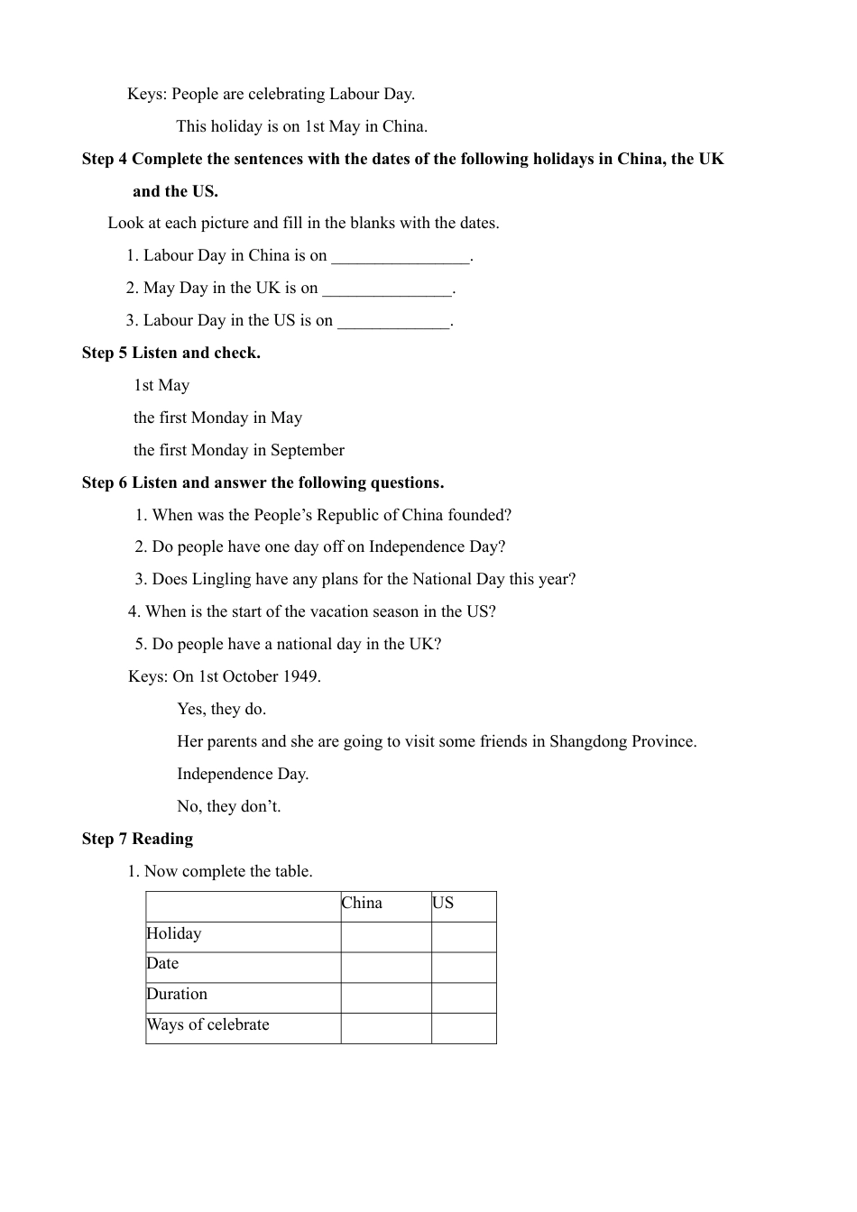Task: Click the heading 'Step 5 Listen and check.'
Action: (x=170, y=353)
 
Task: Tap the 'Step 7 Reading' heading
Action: (x=137, y=839)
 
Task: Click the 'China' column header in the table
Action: (x=362, y=904)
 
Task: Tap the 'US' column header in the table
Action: (x=443, y=904)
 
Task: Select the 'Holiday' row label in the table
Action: (x=174, y=934)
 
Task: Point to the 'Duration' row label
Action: (x=177, y=995)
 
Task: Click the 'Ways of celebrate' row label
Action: (x=208, y=1025)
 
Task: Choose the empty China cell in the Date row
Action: (x=386, y=968)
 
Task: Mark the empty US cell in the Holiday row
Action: (x=464, y=937)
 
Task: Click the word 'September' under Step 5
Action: (x=307, y=450)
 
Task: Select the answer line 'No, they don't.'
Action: (x=229, y=806)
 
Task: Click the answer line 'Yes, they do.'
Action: (x=222, y=709)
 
